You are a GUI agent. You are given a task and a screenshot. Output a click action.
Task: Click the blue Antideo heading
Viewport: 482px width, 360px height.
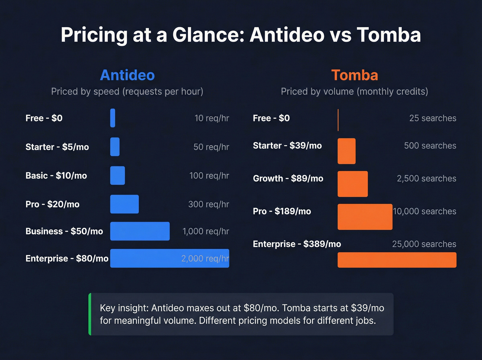[127, 75]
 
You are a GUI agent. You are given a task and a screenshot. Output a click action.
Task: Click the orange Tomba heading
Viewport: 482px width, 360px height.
[355, 75]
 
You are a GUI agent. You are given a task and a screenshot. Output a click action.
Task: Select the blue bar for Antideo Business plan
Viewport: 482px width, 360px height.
[140, 231]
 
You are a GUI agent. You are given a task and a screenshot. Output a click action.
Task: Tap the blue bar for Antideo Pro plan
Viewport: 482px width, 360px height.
[124, 204]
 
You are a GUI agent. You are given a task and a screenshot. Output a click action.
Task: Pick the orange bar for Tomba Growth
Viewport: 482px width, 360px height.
[353, 184]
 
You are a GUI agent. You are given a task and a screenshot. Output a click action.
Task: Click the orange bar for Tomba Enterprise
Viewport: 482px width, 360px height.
[397, 260]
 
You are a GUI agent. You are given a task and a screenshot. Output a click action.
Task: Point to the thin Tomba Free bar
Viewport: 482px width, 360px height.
[338, 120]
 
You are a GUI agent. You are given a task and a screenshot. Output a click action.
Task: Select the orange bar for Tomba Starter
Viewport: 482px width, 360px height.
[346, 151]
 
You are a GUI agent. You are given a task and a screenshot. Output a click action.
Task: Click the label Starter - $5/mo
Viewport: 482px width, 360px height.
[57, 147]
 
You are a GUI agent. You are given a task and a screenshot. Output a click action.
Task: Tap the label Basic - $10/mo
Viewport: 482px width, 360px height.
[56, 176]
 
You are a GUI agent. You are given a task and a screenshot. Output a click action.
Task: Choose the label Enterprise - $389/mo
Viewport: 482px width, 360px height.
[297, 244]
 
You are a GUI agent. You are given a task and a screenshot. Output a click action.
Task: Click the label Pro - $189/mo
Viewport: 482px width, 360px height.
[282, 211]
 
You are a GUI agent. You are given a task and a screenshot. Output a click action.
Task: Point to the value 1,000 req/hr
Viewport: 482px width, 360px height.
[206, 231]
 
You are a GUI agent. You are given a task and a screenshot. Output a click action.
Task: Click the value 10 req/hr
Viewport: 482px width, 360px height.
[212, 118]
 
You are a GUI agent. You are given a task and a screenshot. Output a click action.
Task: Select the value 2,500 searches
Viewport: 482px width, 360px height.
[426, 178]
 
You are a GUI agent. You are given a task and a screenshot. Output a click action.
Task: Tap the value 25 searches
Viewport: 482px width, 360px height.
[432, 118]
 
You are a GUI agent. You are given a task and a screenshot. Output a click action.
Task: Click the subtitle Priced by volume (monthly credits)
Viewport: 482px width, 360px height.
[354, 91]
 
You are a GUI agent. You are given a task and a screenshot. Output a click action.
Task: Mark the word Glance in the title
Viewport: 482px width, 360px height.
[208, 35]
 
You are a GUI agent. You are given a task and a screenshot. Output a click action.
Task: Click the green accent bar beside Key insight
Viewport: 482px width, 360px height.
[90, 314]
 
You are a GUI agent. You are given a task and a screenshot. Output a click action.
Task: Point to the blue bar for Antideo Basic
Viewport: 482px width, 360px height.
[117, 176]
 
